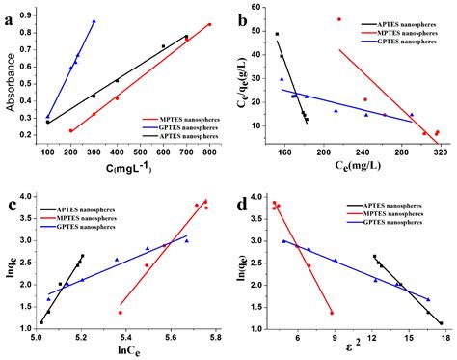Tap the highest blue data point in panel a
click(94, 21)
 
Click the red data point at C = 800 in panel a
click(209, 25)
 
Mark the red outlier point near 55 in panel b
click(338, 19)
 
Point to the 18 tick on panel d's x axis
click(444, 337)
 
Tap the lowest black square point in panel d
click(440, 323)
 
